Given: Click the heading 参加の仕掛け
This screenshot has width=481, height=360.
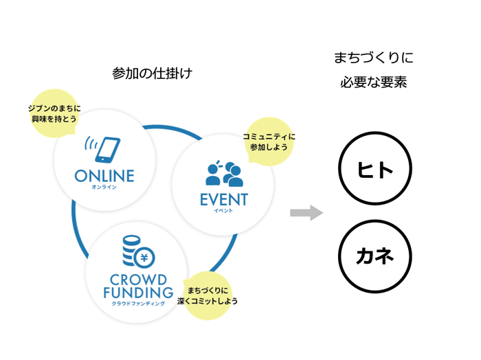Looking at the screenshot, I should click(x=151, y=74).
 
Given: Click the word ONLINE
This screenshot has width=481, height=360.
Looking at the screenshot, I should click(x=104, y=176).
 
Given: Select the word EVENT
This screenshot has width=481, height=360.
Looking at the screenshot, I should click(x=223, y=201).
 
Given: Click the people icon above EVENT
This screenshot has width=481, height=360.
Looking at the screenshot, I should click(x=224, y=174).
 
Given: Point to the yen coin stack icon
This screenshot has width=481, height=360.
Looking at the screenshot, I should click(x=136, y=254).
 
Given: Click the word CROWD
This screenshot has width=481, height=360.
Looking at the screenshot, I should click(x=137, y=280).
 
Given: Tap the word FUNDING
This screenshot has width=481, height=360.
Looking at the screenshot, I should click(x=138, y=293).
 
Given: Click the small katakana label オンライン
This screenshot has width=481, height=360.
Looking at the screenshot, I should click(x=104, y=187).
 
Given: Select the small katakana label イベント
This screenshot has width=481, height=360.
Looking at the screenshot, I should click(x=223, y=212).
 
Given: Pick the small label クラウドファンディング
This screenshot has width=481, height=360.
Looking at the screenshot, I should click(x=138, y=303).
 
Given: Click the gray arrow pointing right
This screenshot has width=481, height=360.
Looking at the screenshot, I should click(x=306, y=212).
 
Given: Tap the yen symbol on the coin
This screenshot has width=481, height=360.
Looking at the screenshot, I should click(x=145, y=258).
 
